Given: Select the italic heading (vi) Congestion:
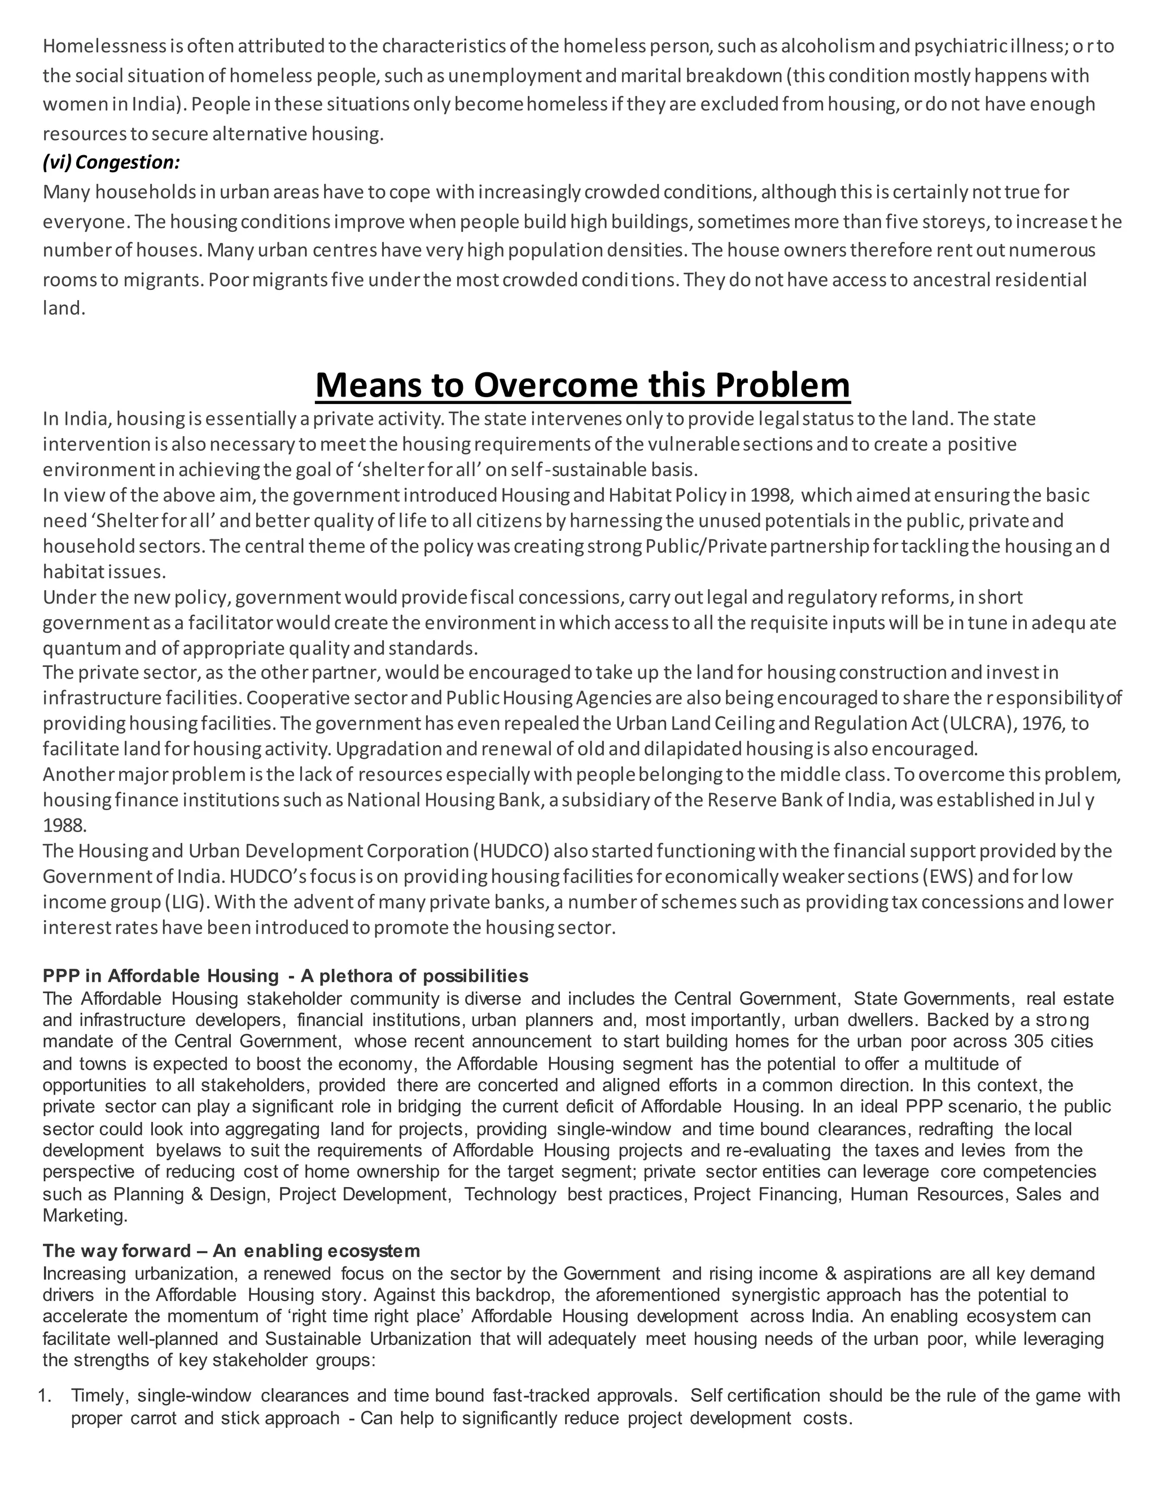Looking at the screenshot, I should point(111,162).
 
